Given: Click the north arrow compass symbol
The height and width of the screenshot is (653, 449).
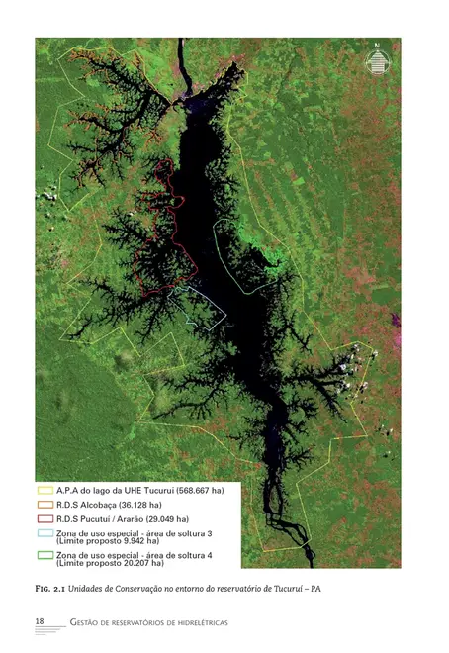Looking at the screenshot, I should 376,62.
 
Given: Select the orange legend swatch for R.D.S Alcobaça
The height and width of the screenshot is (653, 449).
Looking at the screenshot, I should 45,505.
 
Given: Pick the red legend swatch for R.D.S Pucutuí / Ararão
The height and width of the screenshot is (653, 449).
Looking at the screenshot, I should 45,518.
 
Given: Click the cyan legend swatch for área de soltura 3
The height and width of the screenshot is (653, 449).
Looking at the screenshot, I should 45,532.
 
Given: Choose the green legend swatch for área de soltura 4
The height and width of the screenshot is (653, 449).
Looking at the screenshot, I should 45,554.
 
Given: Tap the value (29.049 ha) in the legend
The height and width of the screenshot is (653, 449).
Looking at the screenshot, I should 161,518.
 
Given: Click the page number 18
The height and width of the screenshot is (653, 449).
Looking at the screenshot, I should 40,620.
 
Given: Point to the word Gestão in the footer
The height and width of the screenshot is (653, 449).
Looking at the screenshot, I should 88,621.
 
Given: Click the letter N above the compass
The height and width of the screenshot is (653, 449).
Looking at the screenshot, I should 377,45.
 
